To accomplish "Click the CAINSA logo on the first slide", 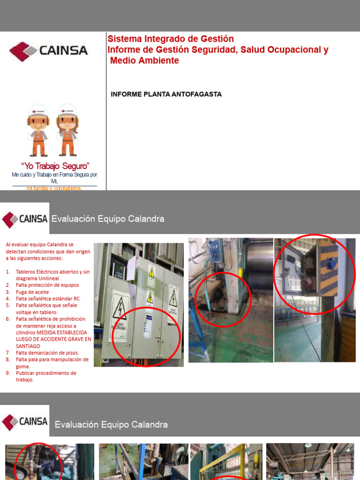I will coord(48,51).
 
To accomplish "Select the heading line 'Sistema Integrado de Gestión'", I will coord(171,39).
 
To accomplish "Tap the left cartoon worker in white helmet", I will coord(38,130).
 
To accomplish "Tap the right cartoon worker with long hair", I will coord(67,130).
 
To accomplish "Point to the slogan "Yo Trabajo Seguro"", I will coord(55,166).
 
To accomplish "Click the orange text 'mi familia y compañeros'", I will coord(54,188).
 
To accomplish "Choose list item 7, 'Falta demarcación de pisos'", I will coord(47,352).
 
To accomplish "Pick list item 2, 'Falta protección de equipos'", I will coord(47,285).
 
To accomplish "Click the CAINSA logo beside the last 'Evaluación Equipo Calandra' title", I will coord(25,420).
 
